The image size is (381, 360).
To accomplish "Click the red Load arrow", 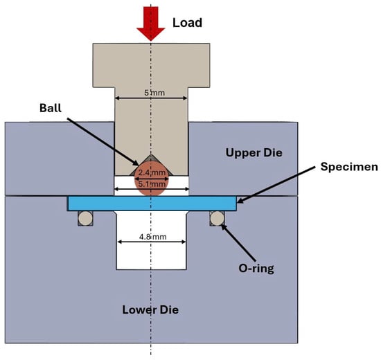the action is (151, 24).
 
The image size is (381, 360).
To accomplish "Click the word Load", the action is (187, 23).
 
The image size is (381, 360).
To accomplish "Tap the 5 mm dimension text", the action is (154, 93).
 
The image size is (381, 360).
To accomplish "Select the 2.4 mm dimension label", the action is (152, 172).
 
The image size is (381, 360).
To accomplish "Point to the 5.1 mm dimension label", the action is (152, 184).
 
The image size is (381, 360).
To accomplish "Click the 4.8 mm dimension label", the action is (153, 237).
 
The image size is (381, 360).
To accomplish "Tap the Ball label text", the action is (51, 108).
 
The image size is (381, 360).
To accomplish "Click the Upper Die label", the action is (254, 153).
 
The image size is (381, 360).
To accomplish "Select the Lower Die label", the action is (150, 309).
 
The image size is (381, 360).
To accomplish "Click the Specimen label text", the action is (349, 167).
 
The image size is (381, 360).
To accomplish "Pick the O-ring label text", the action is (256, 269).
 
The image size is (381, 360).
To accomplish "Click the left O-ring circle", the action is (85, 218).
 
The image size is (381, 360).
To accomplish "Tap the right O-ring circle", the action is (217, 218).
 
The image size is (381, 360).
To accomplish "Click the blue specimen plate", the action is (152, 204).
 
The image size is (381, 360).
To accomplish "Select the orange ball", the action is (151, 179).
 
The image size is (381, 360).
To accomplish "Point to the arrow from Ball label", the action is (103, 142).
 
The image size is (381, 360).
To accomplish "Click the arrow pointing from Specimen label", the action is (276, 185).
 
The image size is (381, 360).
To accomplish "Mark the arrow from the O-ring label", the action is (238, 242).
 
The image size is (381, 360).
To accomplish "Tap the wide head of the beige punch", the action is (151, 65).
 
